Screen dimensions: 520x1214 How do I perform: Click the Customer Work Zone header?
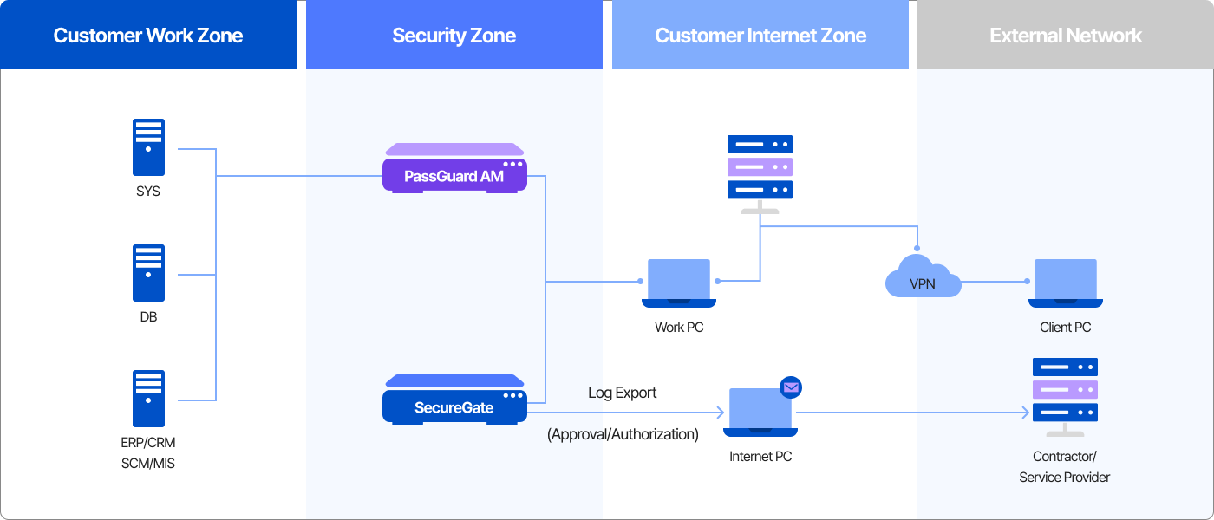(x=148, y=36)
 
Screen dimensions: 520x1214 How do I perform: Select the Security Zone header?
(x=454, y=36)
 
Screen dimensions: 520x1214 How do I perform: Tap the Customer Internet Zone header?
(x=760, y=36)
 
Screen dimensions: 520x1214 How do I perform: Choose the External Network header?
(x=1066, y=36)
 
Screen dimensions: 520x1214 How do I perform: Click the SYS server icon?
(x=148, y=148)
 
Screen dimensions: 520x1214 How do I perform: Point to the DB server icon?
(x=148, y=273)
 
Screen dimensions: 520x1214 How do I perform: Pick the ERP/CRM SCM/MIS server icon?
(x=148, y=399)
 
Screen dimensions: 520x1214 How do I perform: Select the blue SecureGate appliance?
(x=454, y=400)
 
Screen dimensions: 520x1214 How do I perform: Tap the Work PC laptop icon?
(x=678, y=283)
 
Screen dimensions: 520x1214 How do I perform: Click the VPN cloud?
(x=923, y=277)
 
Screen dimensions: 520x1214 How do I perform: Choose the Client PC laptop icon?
(x=1065, y=283)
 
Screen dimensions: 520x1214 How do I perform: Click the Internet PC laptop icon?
(x=760, y=412)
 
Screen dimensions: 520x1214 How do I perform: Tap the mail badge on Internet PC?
(x=791, y=387)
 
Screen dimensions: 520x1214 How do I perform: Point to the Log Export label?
(x=622, y=393)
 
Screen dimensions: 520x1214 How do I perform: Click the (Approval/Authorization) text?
(x=623, y=434)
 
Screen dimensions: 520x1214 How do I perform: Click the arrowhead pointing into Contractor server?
(x=1028, y=413)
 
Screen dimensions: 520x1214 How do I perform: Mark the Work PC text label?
(x=678, y=328)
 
